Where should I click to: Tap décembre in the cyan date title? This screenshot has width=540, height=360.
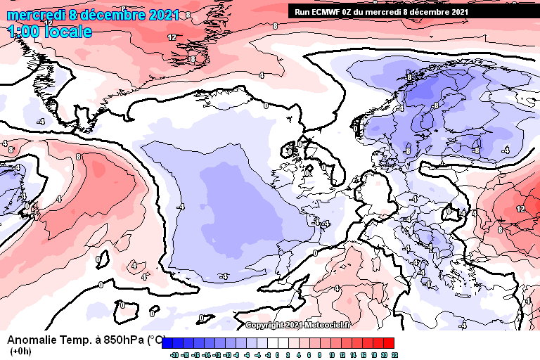click(x=110, y=15)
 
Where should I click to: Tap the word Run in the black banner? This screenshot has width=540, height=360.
click(x=301, y=12)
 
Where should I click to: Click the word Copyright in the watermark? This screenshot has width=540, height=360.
click(x=264, y=325)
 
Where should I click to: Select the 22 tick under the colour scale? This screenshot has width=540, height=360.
click(x=394, y=356)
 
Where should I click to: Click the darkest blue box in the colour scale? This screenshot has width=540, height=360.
click(x=167, y=343)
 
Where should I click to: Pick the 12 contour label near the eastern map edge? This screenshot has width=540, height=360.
click(x=520, y=210)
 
